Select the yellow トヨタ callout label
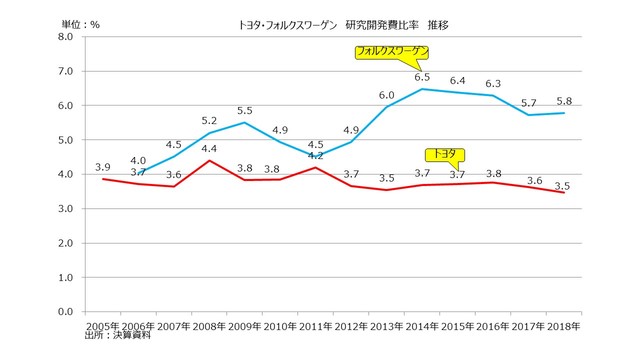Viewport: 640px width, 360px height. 443,154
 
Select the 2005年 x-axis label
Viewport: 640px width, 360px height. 103,326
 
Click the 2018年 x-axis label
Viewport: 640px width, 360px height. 560,326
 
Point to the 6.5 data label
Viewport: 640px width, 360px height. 423,77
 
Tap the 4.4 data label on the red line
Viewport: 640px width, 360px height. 210,149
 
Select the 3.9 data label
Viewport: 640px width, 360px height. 102,166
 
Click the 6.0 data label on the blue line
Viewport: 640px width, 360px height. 386,94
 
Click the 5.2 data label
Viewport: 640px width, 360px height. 210,122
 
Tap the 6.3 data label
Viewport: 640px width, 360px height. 493,84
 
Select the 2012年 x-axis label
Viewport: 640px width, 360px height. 350,326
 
